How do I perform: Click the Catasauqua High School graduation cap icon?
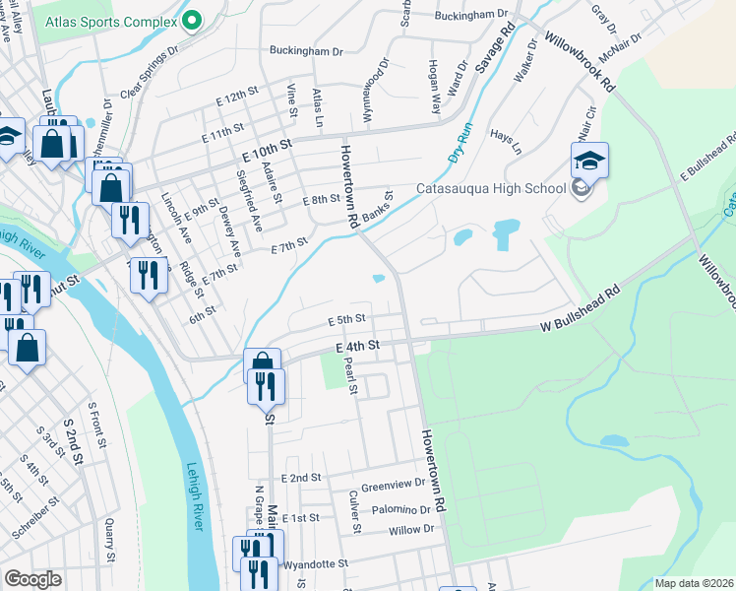(x=589, y=160)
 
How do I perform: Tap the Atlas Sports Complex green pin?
(x=192, y=18)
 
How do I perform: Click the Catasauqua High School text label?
(x=491, y=188)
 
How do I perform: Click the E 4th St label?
(x=357, y=347)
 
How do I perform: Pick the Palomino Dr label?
(x=401, y=510)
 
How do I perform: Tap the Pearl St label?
(x=349, y=374)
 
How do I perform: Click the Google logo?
(x=32, y=579)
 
